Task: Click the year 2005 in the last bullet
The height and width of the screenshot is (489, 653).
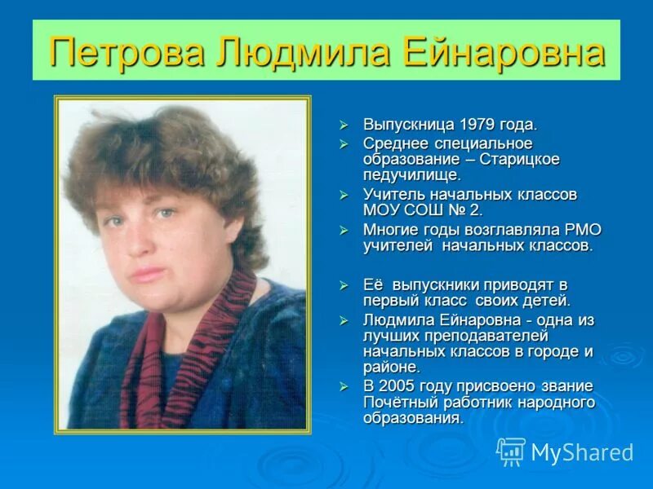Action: (x=397, y=385)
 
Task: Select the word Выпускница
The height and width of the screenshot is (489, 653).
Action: (x=409, y=125)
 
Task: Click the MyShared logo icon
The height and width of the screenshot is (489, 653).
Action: (x=511, y=452)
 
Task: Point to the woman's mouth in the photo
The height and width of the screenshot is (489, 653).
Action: (x=147, y=273)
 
